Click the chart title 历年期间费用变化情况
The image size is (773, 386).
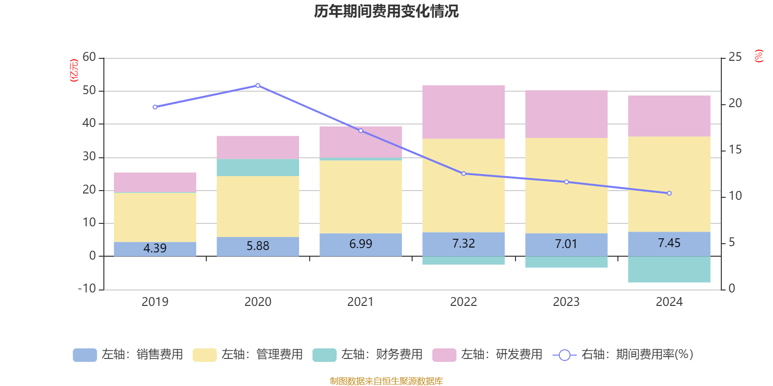coord(386,12)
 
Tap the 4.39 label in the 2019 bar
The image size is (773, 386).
coord(155,248)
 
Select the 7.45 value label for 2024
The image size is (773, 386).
coord(669,243)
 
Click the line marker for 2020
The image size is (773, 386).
coord(258,85)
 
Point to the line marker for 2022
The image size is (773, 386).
coord(464,174)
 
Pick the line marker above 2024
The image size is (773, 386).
coord(669,193)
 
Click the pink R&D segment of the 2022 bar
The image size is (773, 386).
coord(464,112)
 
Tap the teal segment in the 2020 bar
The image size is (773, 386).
coord(258,167)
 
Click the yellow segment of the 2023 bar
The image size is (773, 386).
coord(566,186)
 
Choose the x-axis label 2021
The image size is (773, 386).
coord(360,302)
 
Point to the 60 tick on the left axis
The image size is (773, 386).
coord(89,57)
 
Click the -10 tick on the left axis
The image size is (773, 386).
coord(87,289)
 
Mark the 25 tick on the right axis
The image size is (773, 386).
coord(735,57)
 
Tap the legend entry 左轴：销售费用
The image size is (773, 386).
coord(128,355)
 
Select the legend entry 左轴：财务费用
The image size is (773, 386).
coord(368,355)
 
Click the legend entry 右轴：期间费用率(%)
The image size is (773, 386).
coord(623,355)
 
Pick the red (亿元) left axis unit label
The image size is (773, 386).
coord(74,70)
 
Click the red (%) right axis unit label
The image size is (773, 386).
coord(759,56)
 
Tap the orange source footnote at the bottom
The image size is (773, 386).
coord(386,381)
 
